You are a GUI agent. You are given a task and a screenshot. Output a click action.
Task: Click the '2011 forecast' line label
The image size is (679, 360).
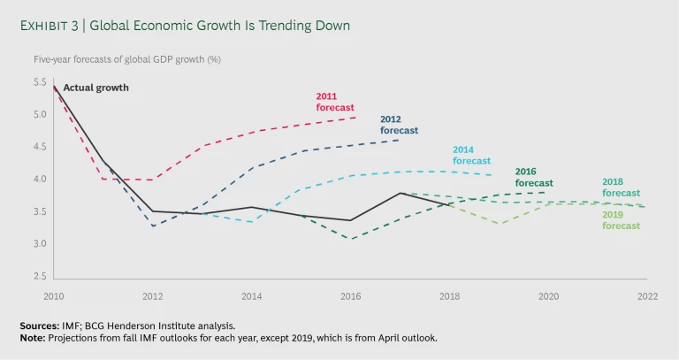pos(335,102)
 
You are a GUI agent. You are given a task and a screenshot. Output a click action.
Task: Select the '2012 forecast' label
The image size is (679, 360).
pos(399,125)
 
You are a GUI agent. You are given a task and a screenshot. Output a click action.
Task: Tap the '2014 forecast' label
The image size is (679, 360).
pos(471,155)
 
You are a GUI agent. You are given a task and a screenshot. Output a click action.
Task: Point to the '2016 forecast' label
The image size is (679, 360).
pos(534,177)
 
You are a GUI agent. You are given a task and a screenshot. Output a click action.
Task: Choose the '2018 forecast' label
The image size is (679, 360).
pos(621,187)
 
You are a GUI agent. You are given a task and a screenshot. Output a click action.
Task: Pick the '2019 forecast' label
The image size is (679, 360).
pos(621,219)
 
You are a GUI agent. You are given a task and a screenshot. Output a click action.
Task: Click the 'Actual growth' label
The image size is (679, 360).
pos(95,88)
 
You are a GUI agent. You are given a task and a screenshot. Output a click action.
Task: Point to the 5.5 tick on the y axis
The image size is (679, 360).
pos(40,82)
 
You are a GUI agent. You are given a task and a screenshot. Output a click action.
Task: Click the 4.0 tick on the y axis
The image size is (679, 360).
pos(40,180)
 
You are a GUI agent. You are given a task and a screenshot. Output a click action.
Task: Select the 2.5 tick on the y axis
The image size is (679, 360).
pos(40,276)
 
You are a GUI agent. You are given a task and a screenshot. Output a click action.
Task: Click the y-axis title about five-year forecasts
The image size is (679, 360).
pos(133,59)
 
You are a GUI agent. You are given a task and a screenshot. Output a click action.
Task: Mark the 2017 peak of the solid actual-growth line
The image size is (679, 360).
pos(401,193)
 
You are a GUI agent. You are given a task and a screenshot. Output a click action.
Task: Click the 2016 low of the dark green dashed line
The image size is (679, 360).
pos(352,239)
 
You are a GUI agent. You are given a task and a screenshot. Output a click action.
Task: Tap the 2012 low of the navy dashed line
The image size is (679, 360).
pos(154,226)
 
